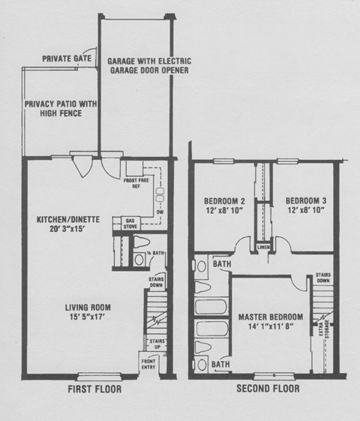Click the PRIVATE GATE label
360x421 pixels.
point(67,58)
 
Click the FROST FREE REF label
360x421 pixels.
point(132,183)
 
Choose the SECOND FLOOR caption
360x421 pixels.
point(268,389)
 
